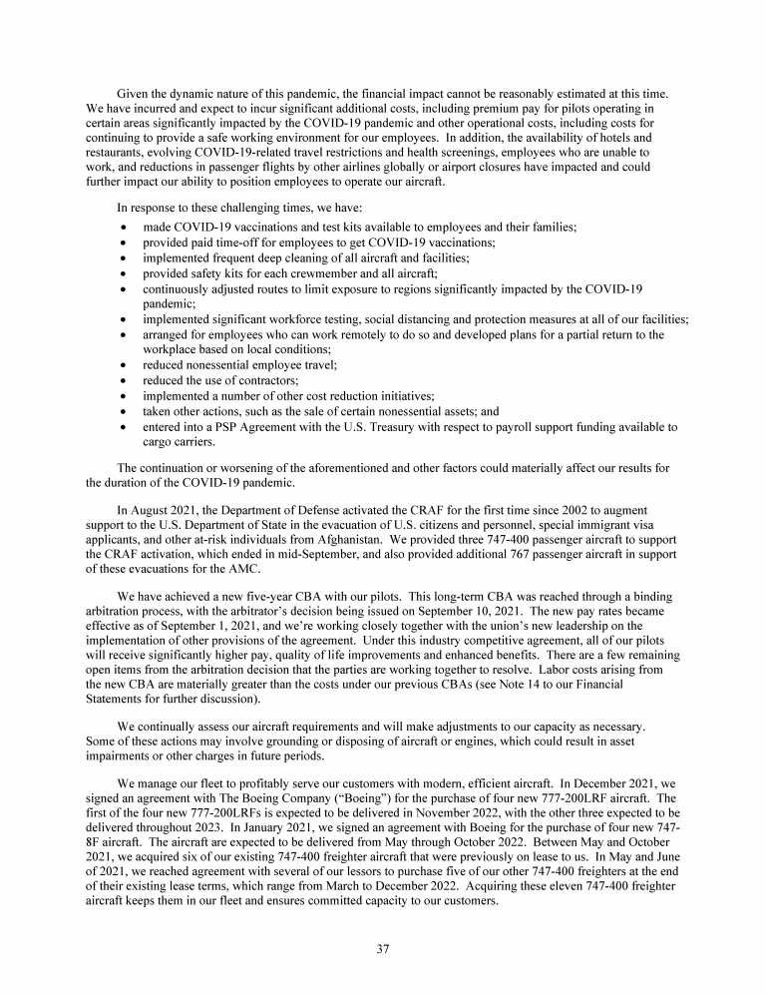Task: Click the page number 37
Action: point(383,949)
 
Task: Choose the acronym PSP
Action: point(226,427)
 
